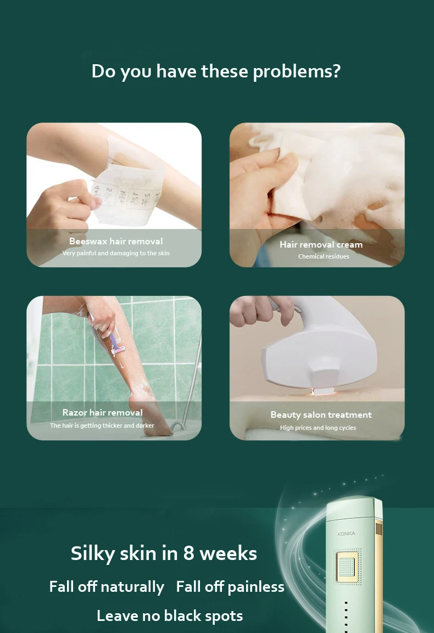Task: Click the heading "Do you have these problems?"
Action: coord(216,71)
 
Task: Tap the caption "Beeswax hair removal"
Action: coord(116,241)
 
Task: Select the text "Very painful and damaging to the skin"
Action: coord(116,253)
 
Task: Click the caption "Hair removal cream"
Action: coord(321,244)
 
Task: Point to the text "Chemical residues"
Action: coord(324,256)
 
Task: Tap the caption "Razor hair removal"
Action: coord(103,413)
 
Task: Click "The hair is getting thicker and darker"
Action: coord(102,425)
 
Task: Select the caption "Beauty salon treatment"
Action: coord(321,414)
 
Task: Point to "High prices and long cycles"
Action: coord(319,428)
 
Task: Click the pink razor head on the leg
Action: coord(118,350)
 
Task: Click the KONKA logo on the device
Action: coord(346,534)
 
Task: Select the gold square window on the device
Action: coord(346,567)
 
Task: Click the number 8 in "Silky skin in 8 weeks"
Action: coord(189,553)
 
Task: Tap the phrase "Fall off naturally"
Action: coord(107,587)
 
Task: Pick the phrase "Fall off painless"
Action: coord(230,587)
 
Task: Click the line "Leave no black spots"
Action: coord(170,616)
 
